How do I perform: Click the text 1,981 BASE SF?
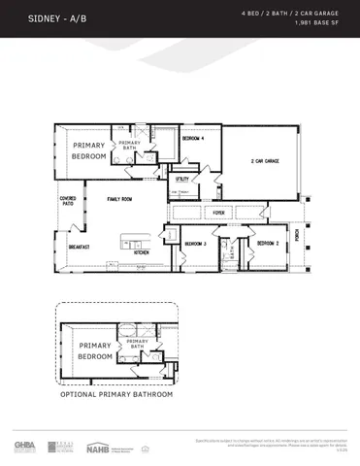(x=309, y=22)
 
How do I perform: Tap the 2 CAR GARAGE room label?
(x=265, y=161)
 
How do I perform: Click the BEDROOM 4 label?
(x=194, y=139)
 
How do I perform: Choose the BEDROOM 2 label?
(x=268, y=243)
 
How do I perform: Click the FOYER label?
(x=219, y=212)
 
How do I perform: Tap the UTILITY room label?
(x=181, y=179)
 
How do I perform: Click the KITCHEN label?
(x=141, y=252)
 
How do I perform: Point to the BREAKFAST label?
(x=79, y=247)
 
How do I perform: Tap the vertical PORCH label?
(x=298, y=236)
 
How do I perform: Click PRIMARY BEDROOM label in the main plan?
(x=88, y=150)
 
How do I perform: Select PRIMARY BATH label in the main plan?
(x=129, y=146)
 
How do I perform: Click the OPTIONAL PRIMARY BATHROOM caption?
(x=116, y=395)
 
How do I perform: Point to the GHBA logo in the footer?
(x=24, y=446)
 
